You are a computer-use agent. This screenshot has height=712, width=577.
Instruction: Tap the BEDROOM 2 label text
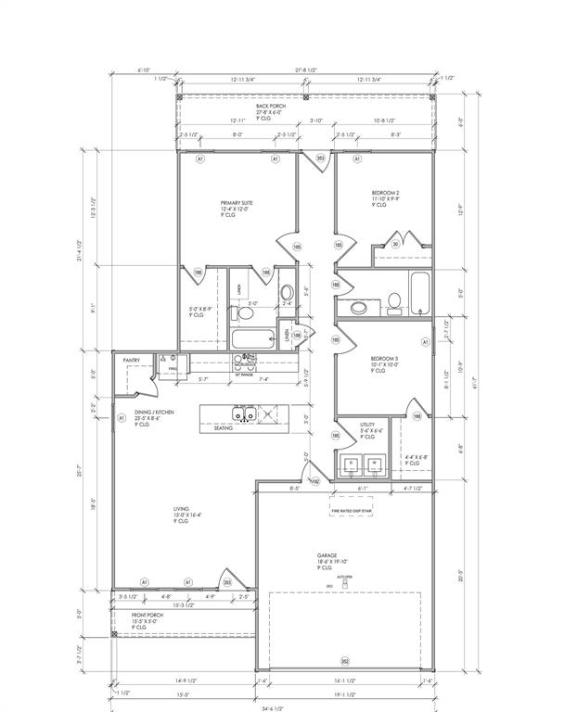[385, 193]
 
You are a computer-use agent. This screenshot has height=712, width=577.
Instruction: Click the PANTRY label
[131, 361]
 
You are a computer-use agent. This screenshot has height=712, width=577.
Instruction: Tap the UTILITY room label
[367, 425]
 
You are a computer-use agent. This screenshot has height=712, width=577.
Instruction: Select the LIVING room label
[181, 509]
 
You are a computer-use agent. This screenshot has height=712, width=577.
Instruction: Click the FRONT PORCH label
[147, 615]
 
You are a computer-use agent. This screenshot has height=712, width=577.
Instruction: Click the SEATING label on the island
[223, 428]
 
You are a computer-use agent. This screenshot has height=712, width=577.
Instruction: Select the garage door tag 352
[344, 661]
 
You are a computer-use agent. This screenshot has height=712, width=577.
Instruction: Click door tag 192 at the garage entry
[314, 481]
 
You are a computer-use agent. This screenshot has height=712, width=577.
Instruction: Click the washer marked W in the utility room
[375, 463]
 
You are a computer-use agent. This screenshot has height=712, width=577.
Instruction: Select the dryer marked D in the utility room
[352, 463]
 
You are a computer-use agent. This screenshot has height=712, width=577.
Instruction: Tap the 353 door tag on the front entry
[227, 582]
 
